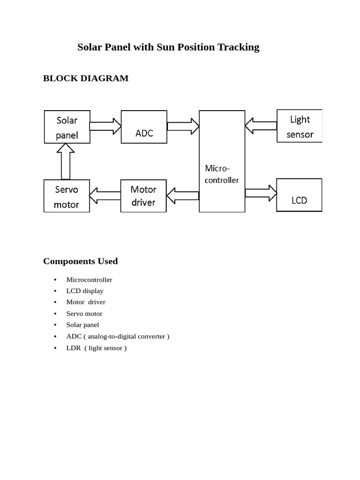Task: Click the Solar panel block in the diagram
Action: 67,127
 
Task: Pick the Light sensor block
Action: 300,127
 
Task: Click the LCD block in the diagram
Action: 299,195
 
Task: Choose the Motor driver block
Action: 143,196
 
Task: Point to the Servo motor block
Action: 67,196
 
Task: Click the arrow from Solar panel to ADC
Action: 105,126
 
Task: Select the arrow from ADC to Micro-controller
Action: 183,126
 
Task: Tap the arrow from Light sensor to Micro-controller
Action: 261,126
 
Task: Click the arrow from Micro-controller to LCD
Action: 261,193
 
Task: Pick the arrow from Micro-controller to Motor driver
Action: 183,196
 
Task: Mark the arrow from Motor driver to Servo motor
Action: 105,196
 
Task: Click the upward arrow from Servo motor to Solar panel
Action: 66,161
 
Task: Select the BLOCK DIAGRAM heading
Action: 86,78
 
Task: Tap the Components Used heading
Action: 80,261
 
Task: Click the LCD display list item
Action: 85,291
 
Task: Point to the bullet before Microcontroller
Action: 55,280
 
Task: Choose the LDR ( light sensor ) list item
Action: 97,348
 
